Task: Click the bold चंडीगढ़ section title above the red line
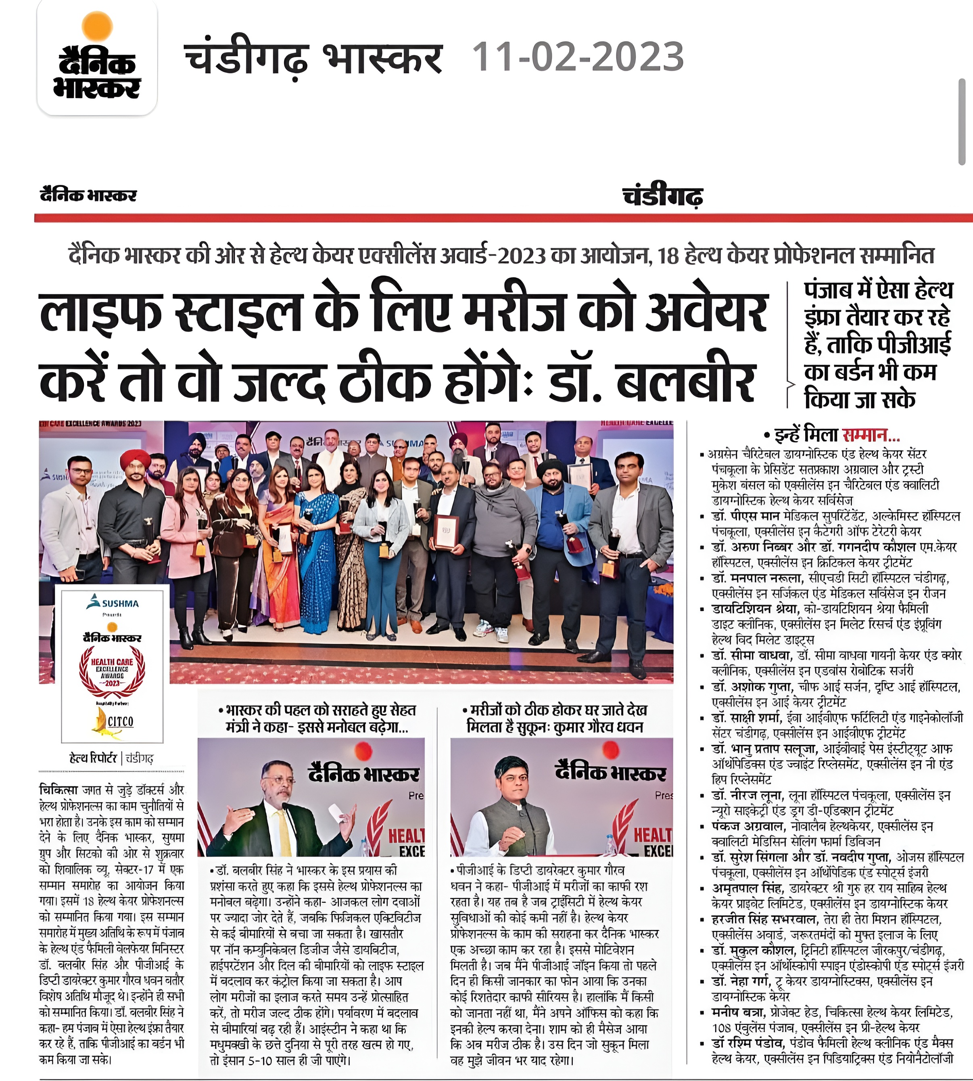click(662, 196)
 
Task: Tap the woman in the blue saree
click(317, 540)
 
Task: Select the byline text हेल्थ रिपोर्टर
click(93, 758)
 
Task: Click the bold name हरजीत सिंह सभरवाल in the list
click(764, 920)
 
